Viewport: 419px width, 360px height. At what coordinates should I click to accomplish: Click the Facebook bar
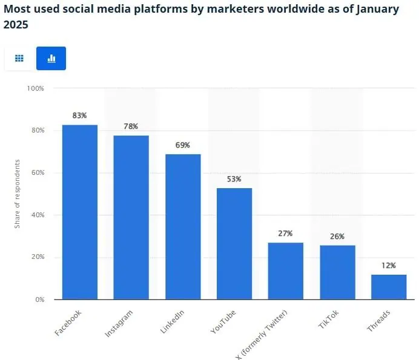[80, 212]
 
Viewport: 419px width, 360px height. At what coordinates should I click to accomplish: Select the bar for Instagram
[131, 217]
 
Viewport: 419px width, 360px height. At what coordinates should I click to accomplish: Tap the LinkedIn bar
[183, 226]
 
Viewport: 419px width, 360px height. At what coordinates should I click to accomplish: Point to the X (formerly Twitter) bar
[286, 270]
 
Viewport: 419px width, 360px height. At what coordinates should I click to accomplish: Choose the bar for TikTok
[337, 272]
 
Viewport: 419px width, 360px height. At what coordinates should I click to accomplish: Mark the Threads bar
[389, 287]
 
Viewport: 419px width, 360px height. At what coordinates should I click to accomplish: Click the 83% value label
[80, 115]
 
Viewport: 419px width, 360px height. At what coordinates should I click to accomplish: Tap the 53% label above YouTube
[234, 178]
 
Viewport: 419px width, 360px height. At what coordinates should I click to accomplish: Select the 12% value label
[389, 265]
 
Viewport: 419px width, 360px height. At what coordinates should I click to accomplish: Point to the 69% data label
[183, 145]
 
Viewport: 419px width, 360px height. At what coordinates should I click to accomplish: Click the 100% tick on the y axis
[36, 88]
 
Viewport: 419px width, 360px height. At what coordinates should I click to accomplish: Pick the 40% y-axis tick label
[38, 215]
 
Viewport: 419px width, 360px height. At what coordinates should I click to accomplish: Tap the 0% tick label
[39, 299]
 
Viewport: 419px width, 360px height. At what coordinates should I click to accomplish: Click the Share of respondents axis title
[18, 194]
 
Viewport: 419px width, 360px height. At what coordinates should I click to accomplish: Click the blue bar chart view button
[51, 58]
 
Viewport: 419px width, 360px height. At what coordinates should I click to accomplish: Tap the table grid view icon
[19, 58]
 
